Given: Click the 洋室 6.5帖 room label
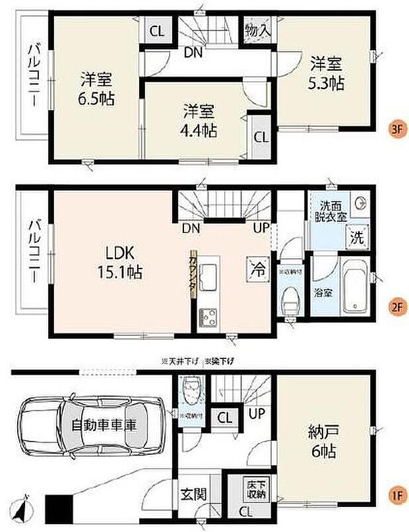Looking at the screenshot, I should [95, 89].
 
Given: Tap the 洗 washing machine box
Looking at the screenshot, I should [356, 236].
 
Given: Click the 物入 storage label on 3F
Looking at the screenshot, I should [257, 30].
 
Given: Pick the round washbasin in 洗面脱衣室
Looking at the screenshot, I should [360, 204].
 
